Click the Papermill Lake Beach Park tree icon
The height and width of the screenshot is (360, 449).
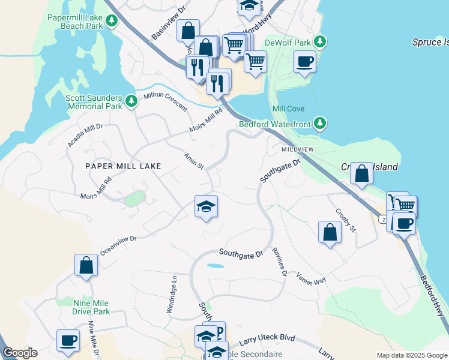pos(112,21)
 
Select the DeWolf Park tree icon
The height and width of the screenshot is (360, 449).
pos(321,42)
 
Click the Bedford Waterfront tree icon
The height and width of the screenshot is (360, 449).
pos(321,124)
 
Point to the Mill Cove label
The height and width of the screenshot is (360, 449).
pos(288,109)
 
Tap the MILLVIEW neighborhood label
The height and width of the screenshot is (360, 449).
pos(297,148)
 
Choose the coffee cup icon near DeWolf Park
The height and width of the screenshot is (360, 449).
pos(304,61)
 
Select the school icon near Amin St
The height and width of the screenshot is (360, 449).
pos(206,207)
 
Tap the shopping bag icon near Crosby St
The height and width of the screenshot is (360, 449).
pos(330,232)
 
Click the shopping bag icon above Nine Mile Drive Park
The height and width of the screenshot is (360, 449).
pos(86,265)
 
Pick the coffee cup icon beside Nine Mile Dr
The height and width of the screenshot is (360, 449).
pos(68,341)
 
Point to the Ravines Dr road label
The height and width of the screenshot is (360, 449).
pos(279,262)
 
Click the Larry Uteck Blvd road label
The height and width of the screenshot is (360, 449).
pos(267,340)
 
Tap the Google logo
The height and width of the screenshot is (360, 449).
pos(20,353)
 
